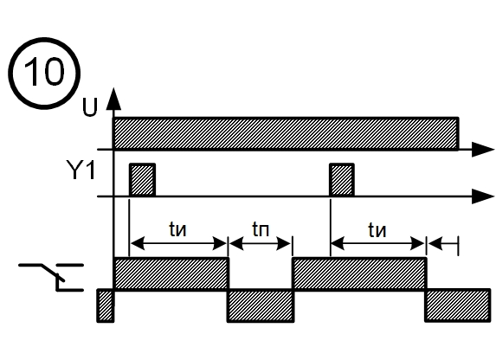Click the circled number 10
[44, 73]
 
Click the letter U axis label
[89, 107]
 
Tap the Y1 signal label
[81, 170]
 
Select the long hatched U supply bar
[287, 133]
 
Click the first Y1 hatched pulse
[142, 180]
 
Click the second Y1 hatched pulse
[342, 180]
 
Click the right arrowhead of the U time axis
[483, 149]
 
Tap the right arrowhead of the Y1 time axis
[483, 196]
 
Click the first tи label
[177, 229]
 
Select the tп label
[261, 229]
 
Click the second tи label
[377, 229]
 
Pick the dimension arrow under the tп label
[260, 244]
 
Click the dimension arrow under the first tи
[178, 244]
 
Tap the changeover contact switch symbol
[51, 276]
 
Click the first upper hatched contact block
[171, 273]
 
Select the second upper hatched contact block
[359, 273]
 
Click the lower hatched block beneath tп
[261, 305]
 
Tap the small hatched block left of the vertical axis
[106, 305]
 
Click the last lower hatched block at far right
[458, 305]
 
